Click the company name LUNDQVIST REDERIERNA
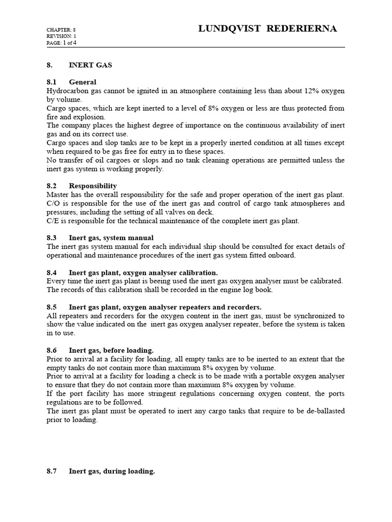tap(267, 29)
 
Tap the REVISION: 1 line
tap(61, 37)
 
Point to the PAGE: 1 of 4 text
tap(62, 43)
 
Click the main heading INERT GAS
tap(90, 65)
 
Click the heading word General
tap(83, 82)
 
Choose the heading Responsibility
tap(93, 186)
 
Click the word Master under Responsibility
tap(58, 195)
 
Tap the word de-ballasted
tap(323, 411)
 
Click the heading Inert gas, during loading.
tap(112, 472)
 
